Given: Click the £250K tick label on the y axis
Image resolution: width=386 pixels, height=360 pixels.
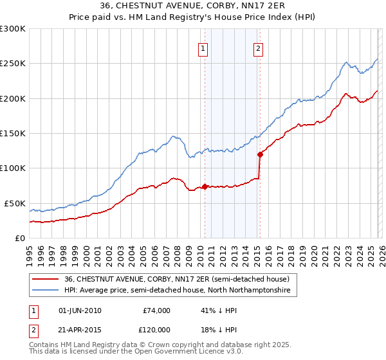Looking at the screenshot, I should pos(13,64).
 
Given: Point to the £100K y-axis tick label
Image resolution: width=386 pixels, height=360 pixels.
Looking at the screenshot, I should pos(13,168).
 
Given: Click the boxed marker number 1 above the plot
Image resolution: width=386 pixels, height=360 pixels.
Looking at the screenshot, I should pos(203,48).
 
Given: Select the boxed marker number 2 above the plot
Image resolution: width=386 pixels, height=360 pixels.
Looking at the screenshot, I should pos(258,48).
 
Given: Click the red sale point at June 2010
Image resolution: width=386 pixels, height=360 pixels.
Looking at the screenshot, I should pos(205,186).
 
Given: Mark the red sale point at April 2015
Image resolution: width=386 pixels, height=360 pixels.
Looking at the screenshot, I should pos(260,154).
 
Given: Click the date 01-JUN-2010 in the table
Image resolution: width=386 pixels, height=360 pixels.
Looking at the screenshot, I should pos(80,310).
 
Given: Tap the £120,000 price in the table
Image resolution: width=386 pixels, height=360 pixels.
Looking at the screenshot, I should pos(156,328).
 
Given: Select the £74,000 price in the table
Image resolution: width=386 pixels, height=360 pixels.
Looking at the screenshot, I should pos(158,310).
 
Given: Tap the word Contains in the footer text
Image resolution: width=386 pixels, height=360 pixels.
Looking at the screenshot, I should pos(46,345).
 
